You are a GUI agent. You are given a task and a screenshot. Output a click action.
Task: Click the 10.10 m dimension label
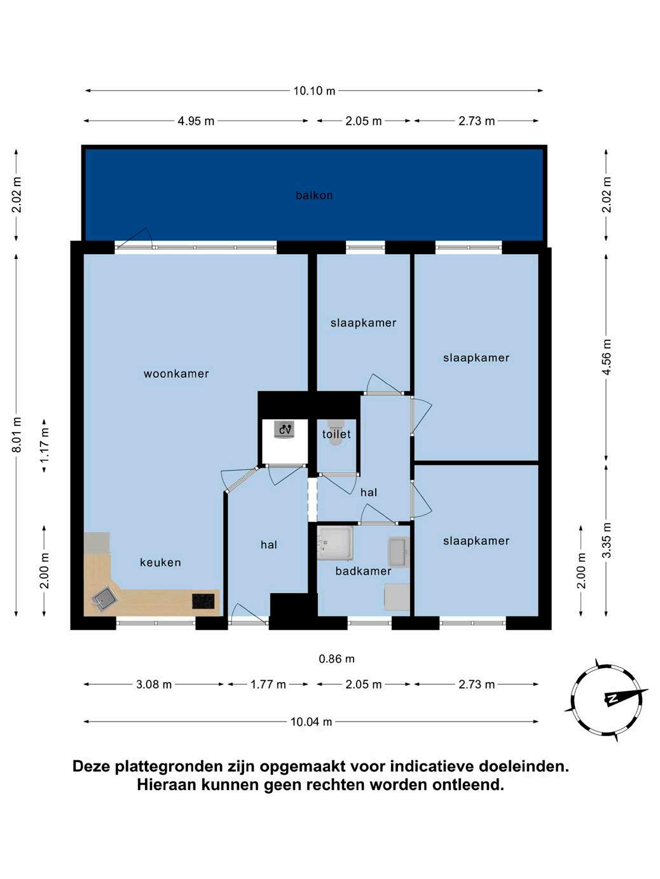314,91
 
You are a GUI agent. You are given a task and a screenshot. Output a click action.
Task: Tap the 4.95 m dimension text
196,121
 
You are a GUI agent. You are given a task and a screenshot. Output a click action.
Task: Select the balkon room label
314,196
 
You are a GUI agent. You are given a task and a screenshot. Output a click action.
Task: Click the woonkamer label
176,373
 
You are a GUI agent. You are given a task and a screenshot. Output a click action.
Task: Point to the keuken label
160,562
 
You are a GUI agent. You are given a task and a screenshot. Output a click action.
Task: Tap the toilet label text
336,434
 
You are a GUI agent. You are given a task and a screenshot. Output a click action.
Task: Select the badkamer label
363,571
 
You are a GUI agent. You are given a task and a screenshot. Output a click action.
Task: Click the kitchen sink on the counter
104,601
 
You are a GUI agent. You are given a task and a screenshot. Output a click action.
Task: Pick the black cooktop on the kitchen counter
203,601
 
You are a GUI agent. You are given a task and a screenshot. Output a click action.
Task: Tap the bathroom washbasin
398,552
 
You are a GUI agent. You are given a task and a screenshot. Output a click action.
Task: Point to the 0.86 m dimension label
336,659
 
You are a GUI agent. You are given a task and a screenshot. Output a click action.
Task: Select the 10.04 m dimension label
312,721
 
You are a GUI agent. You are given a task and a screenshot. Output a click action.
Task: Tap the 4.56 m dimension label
607,356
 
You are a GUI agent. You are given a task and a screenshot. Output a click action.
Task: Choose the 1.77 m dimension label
268,685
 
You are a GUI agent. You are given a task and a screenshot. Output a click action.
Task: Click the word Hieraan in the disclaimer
166,784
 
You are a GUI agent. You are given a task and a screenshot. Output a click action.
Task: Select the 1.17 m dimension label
45,446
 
